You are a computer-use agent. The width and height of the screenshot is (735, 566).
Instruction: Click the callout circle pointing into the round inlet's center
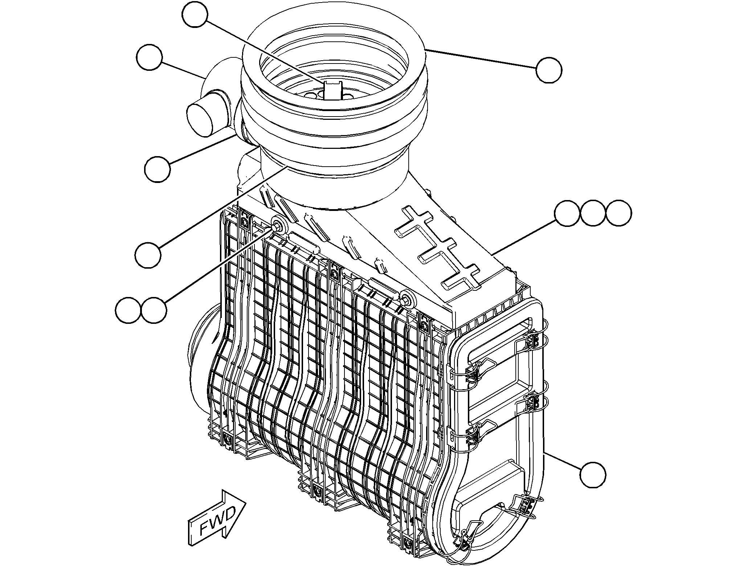(x=195, y=14)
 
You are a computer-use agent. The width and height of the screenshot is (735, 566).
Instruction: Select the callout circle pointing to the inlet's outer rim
(x=549, y=70)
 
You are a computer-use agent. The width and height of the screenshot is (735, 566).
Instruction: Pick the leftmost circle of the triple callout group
(x=567, y=213)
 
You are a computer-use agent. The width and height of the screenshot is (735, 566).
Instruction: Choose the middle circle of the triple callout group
(x=593, y=213)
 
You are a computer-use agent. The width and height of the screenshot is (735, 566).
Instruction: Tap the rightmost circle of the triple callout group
(x=618, y=213)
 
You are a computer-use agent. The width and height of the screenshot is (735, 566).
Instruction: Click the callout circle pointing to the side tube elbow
(x=150, y=58)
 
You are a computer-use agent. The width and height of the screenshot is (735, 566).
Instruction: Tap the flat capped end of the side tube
(x=199, y=120)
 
